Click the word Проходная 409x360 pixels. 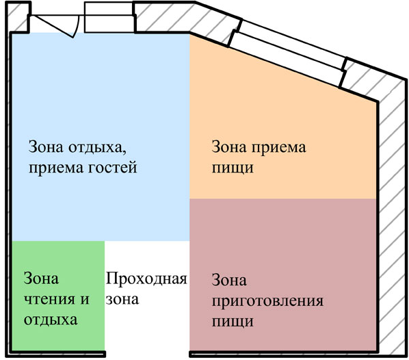[146, 279]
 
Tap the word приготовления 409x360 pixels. [267, 301]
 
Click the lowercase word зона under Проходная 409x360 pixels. [122, 299]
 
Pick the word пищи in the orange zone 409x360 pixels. [233, 168]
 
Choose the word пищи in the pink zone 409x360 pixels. [233, 322]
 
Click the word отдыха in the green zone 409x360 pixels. [51, 320]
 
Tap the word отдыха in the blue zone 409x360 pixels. [98, 148]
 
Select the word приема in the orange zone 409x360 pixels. [278, 148]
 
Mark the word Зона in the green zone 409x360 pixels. [41, 278]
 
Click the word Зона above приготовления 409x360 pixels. [229, 280]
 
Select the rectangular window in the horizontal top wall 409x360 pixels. [109, 18]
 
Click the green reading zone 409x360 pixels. [58, 296]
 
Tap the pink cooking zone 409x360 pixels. [282, 274]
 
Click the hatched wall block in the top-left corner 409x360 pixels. [18, 18]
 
